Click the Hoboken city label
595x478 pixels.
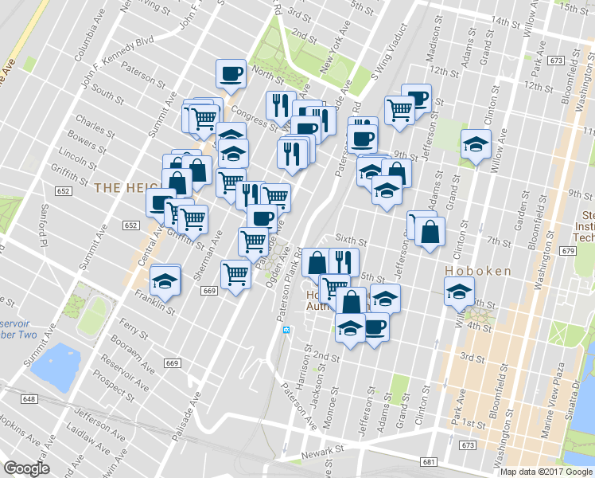click(x=477, y=271)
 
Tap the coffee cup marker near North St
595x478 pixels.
click(x=231, y=73)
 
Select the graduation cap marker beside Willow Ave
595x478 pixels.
click(x=476, y=144)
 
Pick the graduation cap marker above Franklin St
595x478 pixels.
click(x=165, y=280)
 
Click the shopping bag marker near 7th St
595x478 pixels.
click(x=430, y=232)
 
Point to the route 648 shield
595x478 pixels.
click(x=29, y=398)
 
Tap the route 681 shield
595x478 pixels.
click(x=430, y=462)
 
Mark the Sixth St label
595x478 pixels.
click(x=350, y=238)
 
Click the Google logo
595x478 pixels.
click(x=26, y=468)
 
